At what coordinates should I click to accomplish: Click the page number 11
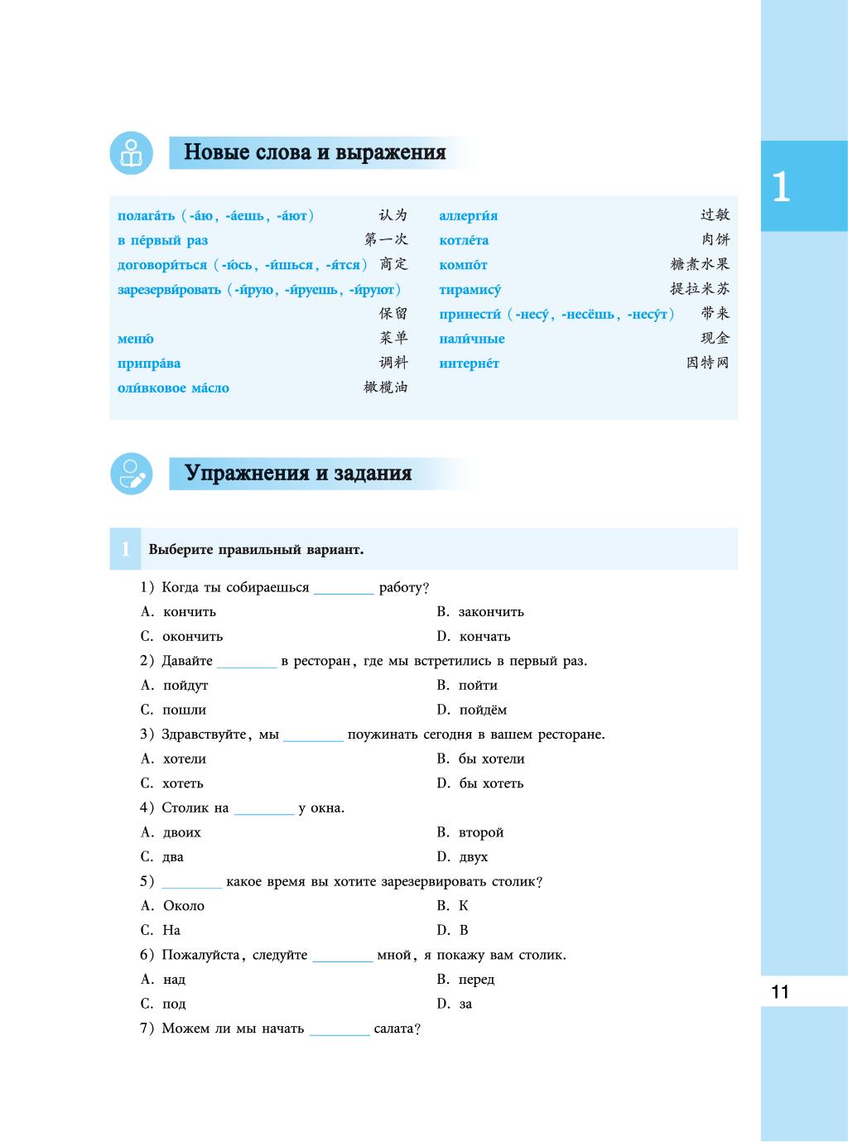coord(780,992)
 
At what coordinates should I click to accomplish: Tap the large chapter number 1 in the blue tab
coord(780,188)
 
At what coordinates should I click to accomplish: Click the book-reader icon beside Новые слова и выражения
coord(131,153)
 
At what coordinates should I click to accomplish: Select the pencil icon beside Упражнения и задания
coord(131,474)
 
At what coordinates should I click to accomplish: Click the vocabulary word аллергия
coord(468,216)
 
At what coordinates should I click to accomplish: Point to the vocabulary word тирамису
coord(470,290)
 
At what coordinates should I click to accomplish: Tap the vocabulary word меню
coord(135,339)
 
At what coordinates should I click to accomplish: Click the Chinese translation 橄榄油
coord(386,388)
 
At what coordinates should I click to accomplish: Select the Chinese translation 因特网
coord(707,363)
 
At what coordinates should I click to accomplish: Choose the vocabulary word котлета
coord(464,241)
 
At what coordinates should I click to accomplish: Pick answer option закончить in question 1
coord(491,612)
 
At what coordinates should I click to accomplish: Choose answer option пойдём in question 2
coord(483,710)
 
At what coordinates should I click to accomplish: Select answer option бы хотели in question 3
coord(491,759)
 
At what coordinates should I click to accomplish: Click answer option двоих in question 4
coord(182,832)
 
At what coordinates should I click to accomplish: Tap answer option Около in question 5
coord(184,906)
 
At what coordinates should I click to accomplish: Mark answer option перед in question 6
coord(476,980)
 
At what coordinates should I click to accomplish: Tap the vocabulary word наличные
coord(471,339)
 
